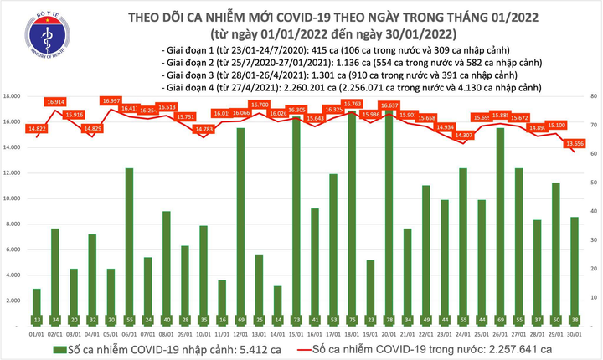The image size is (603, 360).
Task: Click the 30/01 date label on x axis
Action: pos(575,334)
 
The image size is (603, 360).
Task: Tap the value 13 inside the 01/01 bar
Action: pos(37,321)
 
